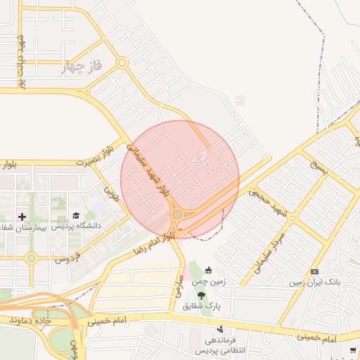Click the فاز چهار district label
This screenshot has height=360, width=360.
pyautogui.click(x=83, y=67)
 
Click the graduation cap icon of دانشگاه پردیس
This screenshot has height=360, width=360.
pyautogui.click(x=76, y=216)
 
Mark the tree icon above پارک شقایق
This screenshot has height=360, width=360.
pyautogui.click(x=202, y=295)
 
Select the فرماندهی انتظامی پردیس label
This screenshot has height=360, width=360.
pyautogui.click(x=218, y=345)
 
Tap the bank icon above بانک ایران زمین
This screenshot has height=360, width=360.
pyautogui.click(x=314, y=272)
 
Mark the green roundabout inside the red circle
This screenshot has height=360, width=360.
pyautogui.click(x=177, y=214)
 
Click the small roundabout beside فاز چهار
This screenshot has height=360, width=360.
pyautogui.click(x=122, y=63)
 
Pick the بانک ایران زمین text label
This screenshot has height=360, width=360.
pyautogui.click(x=314, y=283)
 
